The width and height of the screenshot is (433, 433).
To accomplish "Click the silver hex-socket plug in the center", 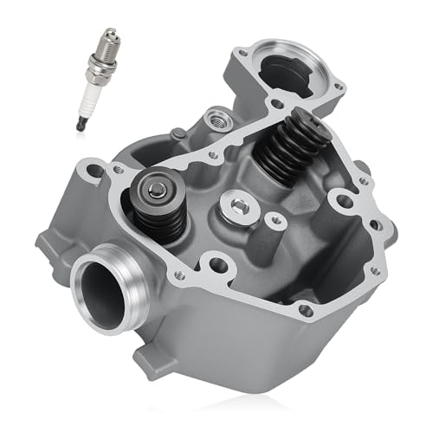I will [236, 205].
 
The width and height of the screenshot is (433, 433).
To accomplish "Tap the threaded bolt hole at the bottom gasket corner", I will [304, 310].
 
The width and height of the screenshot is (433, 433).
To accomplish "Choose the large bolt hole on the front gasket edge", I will [211, 263].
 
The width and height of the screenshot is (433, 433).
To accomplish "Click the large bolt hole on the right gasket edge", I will [344, 202].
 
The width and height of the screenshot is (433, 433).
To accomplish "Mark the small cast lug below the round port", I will [139, 354].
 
